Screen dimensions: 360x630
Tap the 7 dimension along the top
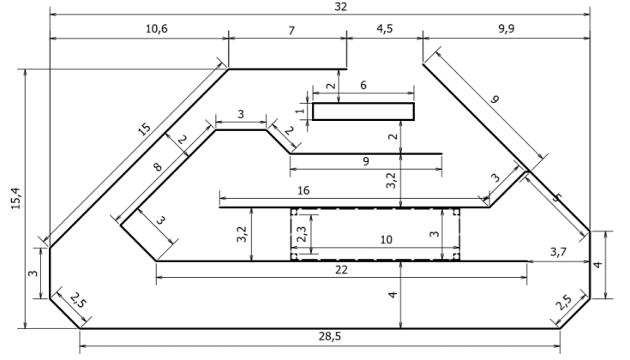pyautogui.click(x=291, y=28)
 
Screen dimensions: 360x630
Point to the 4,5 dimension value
pyautogui.click(x=385, y=28)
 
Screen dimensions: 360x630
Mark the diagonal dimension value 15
pyautogui.click(x=143, y=131)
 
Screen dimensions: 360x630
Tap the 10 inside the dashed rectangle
pyautogui.click(x=386, y=241)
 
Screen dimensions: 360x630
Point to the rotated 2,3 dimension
pyautogui.click(x=301, y=232)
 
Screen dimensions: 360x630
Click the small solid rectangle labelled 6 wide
pyautogui.click(x=363, y=111)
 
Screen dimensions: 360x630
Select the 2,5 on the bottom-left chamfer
pyautogui.click(x=78, y=302)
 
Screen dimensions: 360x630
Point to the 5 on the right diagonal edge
pyautogui.click(x=559, y=199)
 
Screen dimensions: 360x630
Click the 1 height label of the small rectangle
pyautogui.click(x=301, y=111)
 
